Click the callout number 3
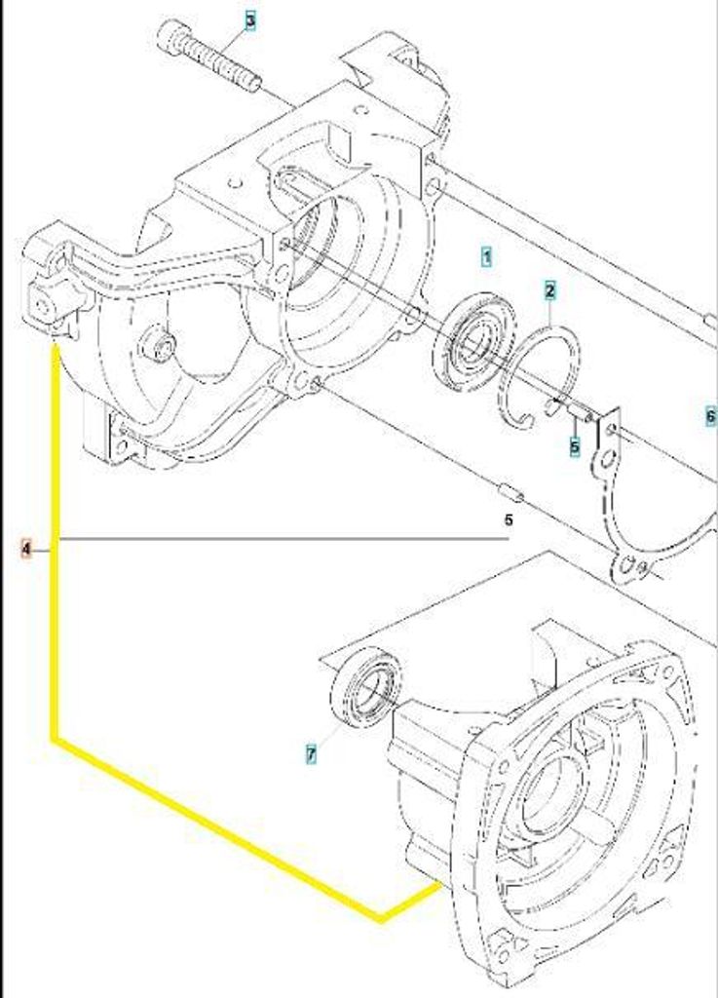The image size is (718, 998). (250, 21)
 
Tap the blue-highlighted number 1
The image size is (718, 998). (486, 257)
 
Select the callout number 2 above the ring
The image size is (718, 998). (550, 291)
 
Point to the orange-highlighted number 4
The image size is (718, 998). (26, 548)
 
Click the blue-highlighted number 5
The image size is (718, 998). (574, 446)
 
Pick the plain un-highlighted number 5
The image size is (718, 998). (509, 520)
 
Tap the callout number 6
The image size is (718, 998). (711, 417)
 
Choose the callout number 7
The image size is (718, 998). (311, 755)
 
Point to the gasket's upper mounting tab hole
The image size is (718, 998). (611, 430)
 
